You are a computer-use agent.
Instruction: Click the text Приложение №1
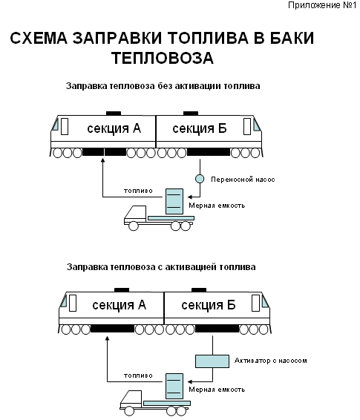click(322, 5)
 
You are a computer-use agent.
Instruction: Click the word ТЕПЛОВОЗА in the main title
click(163, 58)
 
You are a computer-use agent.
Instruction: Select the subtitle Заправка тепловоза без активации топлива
click(163, 86)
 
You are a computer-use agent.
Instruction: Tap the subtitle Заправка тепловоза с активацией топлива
click(161, 267)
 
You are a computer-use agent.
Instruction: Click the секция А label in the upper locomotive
click(114, 128)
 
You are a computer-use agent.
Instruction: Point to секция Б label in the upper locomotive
click(200, 128)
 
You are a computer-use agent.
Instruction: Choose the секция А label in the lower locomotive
click(120, 305)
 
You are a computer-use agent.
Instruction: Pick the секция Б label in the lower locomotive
click(209, 305)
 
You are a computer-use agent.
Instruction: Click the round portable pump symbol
click(200, 179)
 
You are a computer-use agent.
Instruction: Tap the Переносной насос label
click(243, 180)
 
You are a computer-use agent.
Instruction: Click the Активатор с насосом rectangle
click(212, 361)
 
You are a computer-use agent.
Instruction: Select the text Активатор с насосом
click(270, 361)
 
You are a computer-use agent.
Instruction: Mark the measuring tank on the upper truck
click(174, 201)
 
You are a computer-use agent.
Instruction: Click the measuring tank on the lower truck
click(174, 387)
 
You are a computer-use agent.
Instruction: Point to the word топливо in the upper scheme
click(138, 191)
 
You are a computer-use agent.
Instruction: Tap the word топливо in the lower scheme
click(138, 375)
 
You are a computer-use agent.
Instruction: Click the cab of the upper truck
click(136, 214)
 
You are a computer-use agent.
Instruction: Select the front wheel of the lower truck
click(129, 411)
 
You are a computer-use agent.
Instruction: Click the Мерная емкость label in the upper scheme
click(217, 206)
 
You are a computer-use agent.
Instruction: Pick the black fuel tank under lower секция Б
click(217, 329)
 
